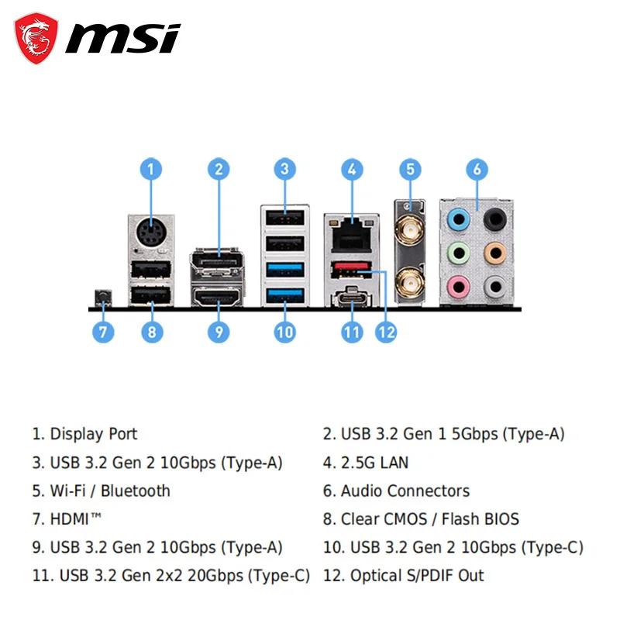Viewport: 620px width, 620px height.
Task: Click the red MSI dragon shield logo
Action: click(36, 38)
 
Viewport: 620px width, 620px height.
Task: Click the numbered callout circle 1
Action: click(151, 169)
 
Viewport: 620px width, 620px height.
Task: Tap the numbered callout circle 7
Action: click(102, 332)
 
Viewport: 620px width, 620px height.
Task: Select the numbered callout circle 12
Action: click(386, 332)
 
